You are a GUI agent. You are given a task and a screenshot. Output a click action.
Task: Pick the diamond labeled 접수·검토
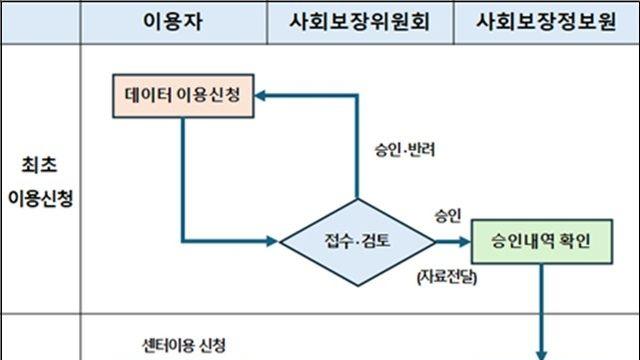click(x=357, y=240)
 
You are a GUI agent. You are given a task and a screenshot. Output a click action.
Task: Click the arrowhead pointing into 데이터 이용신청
click(x=262, y=96)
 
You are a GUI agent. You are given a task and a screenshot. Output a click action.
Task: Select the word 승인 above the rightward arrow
click(x=447, y=215)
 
